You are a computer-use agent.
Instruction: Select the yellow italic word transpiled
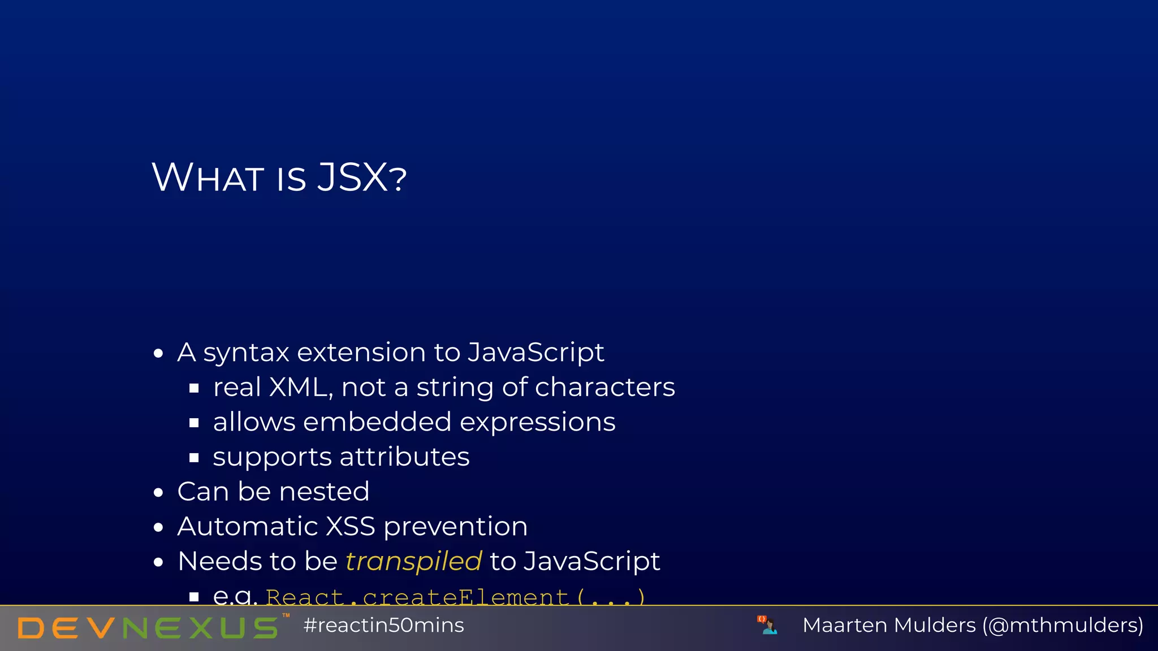413,561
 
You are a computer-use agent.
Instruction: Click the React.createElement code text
455,597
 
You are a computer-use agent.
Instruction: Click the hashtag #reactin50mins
383,626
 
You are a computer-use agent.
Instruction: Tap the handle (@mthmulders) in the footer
1063,626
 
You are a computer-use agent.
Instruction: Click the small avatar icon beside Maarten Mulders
767,625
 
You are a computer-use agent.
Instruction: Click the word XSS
351,527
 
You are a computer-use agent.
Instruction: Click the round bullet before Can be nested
158,493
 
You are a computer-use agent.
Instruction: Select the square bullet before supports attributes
194,458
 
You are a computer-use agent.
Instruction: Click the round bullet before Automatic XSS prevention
158,528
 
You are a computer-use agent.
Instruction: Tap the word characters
604,388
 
